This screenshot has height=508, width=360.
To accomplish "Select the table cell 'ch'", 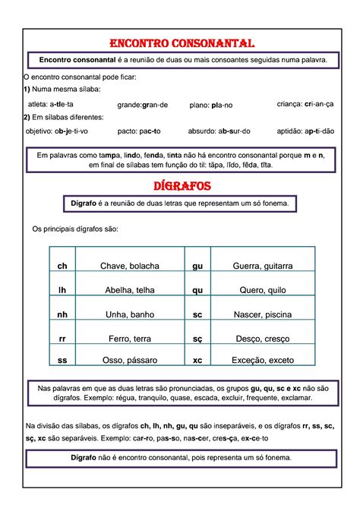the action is [x=62, y=266].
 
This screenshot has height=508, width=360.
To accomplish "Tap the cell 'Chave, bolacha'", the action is [x=130, y=266].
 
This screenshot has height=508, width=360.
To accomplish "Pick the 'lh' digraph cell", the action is [x=62, y=289].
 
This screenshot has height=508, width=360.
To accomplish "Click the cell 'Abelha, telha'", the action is [x=130, y=289].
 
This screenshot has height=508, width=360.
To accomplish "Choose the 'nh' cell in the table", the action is [x=62, y=313].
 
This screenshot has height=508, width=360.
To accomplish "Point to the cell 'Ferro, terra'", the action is [x=130, y=336].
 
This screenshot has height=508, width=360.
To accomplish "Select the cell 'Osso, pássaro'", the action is [x=130, y=360].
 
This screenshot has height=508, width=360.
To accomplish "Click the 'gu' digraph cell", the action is [x=198, y=266].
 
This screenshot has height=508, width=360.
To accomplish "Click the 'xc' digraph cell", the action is [x=198, y=360].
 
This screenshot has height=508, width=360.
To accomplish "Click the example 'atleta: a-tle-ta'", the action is [x=50, y=104].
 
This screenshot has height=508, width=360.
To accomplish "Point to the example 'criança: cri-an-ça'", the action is [x=305, y=104].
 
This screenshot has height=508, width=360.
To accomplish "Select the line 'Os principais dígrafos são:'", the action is [x=74, y=229].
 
